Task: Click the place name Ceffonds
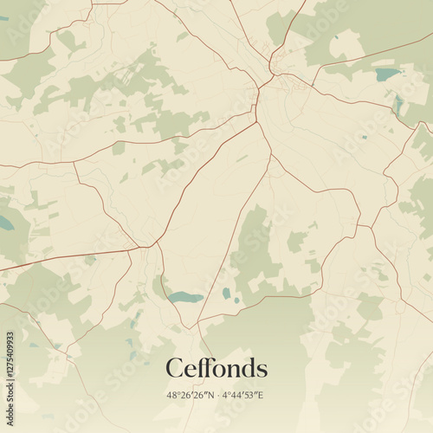[216, 368]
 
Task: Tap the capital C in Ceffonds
[174, 368]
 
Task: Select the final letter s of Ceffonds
[262, 370]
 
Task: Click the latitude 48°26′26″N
[190, 396]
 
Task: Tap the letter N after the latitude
[212, 396]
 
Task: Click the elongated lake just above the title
[184, 298]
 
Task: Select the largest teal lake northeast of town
[386, 75]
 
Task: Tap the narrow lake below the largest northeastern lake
[397, 105]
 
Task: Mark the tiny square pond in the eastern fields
[364, 137]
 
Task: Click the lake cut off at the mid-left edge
[4, 223]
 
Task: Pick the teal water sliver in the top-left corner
[3, 18]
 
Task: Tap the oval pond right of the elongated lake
[226, 294]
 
